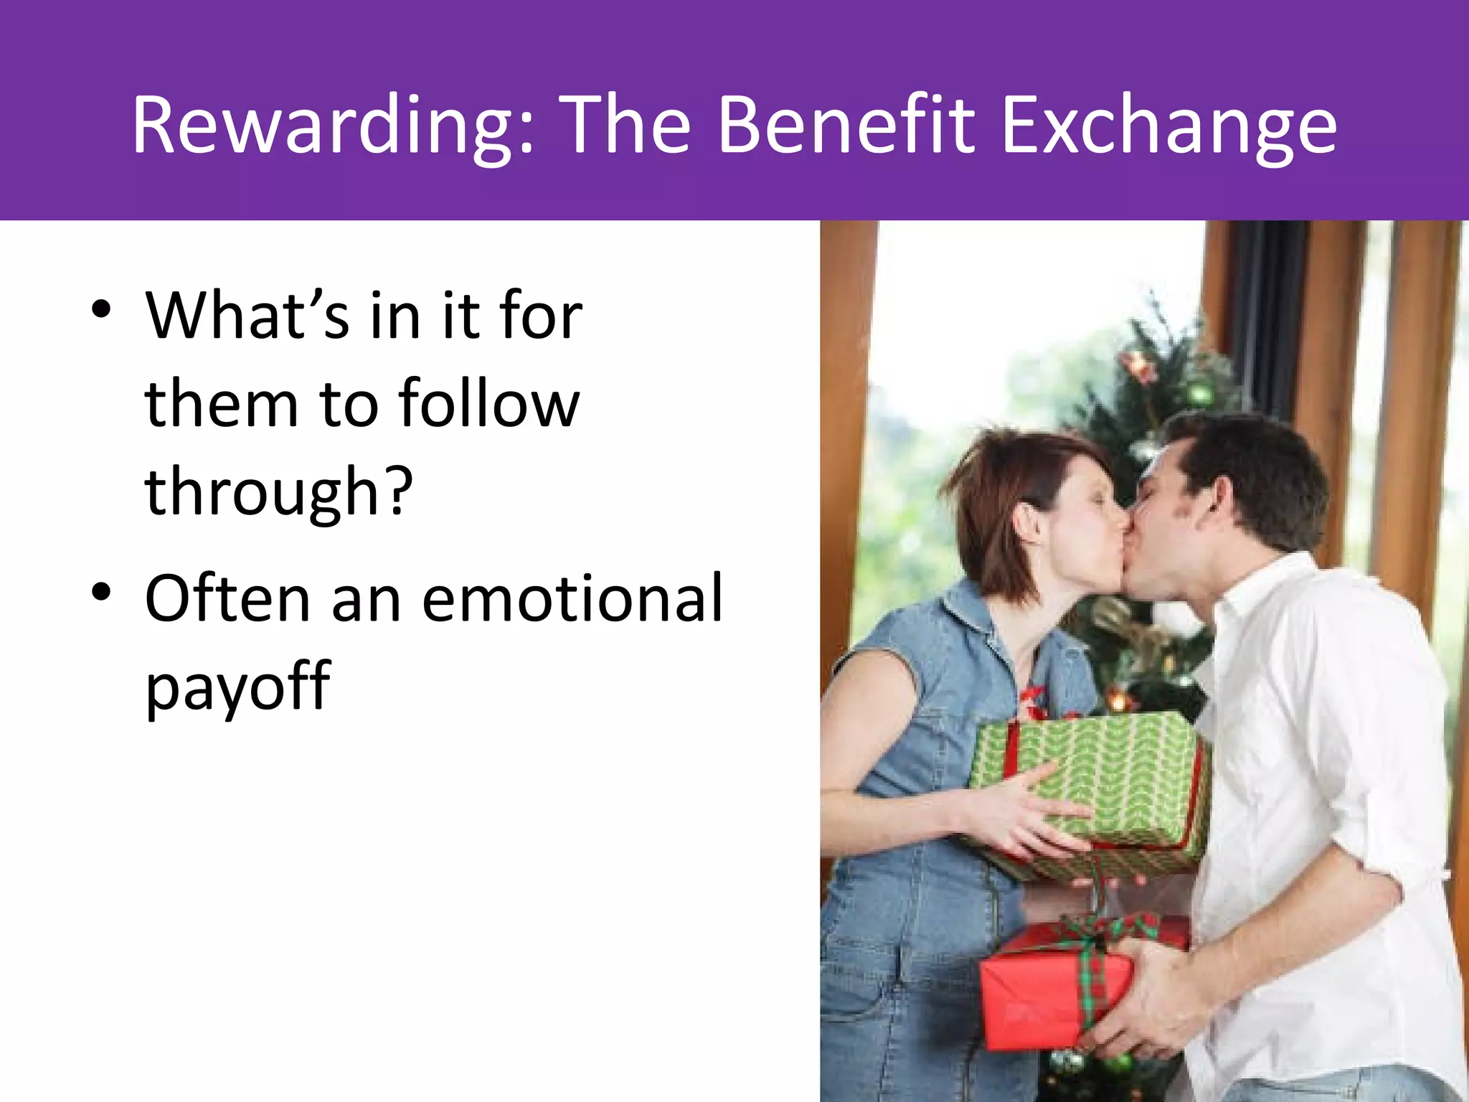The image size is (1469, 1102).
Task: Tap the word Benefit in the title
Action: (846, 126)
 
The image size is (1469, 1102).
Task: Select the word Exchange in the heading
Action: (1168, 126)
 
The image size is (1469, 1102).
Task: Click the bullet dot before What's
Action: (101, 310)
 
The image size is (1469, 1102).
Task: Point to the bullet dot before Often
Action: (101, 593)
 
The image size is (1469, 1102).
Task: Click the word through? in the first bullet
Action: (278, 491)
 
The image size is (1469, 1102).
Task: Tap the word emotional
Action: (572, 598)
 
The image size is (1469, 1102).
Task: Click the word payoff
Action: (237, 685)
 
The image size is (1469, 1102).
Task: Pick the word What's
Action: (247, 316)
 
